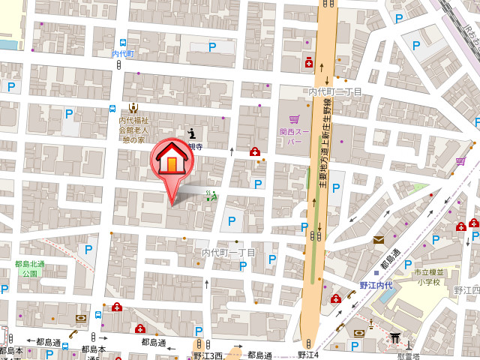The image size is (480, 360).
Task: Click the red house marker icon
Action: [x=172, y=159]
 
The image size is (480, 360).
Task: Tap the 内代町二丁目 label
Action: [x=335, y=91]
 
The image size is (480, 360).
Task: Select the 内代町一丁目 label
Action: [x=229, y=253]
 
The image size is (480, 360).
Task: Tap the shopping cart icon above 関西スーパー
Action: [x=294, y=119]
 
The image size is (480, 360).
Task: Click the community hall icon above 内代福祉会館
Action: [x=133, y=107]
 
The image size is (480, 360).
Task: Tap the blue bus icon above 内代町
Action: [x=122, y=42]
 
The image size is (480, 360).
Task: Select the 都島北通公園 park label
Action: [x=30, y=268]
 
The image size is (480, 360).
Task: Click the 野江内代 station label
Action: [x=376, y=286]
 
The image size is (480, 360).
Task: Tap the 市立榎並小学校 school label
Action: [x=429, y=277]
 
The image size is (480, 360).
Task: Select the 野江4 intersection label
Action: [x=308, y=354]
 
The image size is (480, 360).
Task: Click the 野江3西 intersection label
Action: [x=208, y=355]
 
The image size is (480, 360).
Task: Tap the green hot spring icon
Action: [x=211, y=196]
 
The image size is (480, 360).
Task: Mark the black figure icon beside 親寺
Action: [x=190, y=133]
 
